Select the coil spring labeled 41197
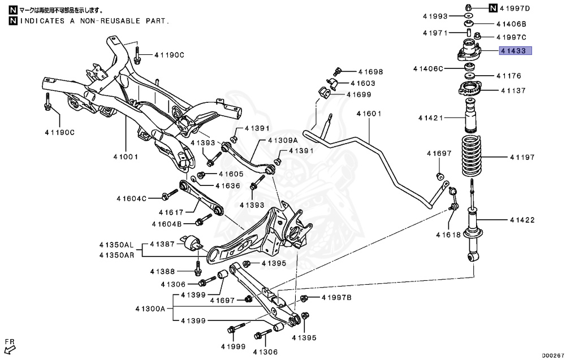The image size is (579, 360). click(x=470, y=157)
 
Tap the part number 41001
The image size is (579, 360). click(x=125, y=157)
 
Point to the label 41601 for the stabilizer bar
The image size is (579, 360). click(x=369, y=114)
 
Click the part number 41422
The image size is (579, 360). click(x=521, y=220)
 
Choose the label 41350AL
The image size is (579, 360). click(x=116, y=245)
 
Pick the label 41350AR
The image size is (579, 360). click(x=116, y=255)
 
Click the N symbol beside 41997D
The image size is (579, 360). click(x=493, y=7)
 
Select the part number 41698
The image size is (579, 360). click(x=370, y=72)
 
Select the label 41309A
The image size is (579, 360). click(x=283, y=140)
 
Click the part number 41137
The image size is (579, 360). click(x=511, y=90)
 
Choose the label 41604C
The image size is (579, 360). click(x=132, y=198)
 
